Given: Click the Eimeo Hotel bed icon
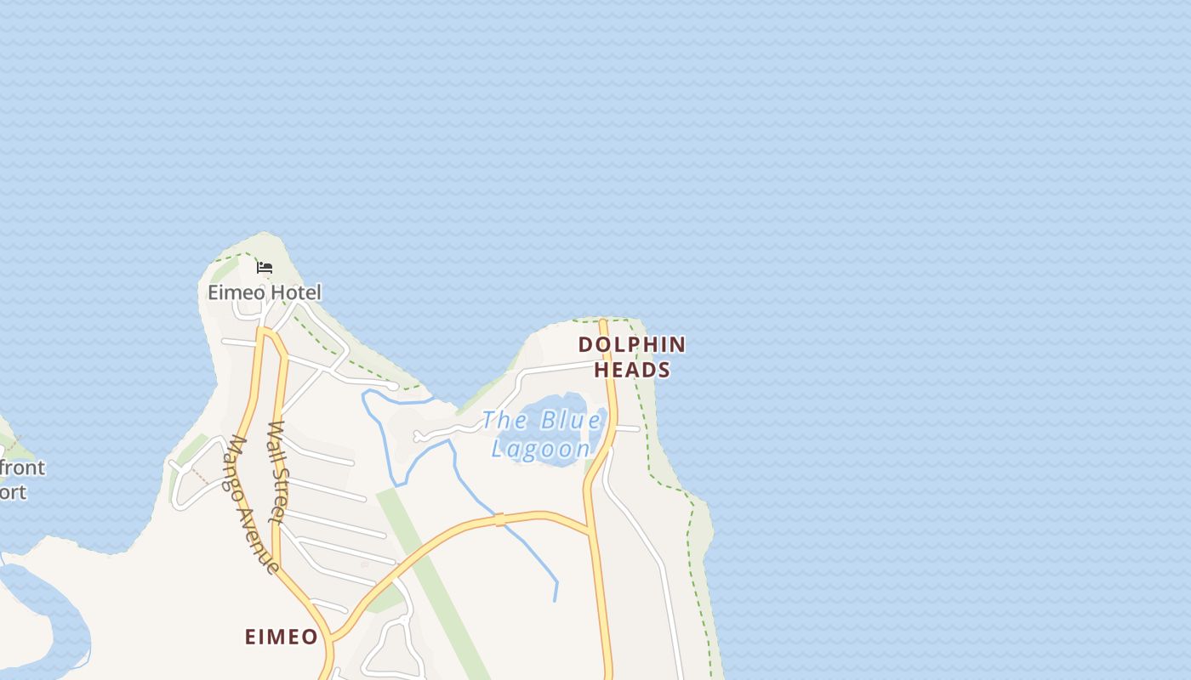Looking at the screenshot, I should (265, 268).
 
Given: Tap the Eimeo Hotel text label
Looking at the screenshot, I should (265, 292).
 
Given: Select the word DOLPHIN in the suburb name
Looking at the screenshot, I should (632, 344).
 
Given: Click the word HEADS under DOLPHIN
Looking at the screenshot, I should (632, 370).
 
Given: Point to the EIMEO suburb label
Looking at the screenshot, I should (282, 637).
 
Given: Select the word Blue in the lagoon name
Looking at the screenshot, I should (571, 421).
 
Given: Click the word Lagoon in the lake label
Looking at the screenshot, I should (541, 449).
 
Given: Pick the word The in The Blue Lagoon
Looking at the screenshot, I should (502, 420).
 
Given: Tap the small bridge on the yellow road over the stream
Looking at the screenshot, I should (499, 519).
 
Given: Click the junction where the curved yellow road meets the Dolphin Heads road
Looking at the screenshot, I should (589, 533).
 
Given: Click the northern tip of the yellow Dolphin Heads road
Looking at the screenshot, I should (603, 322).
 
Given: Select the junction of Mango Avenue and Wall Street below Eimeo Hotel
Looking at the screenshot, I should (265, 331).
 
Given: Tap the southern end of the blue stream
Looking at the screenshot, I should (556, 599).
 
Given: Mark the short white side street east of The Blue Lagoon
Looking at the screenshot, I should (627, 428).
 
